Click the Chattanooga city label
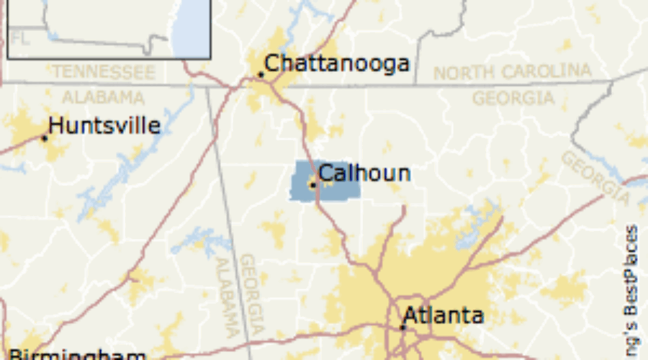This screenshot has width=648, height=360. [x=337, y=64]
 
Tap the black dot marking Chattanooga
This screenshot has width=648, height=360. [x=261, y=74]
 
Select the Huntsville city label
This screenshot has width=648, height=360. [x=104, y=126]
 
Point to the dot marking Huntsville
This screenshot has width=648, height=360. [x=45, y=137]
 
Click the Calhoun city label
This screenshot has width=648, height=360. [x=364, y=174]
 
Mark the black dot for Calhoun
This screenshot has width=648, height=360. [x=313, y=185]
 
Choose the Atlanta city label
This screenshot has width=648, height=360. [x=443, y=315]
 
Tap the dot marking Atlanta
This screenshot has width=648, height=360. [x=402, y=327]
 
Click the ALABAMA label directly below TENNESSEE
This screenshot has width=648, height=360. [x=103, y=97]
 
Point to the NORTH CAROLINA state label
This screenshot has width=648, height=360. [x=512, y=72]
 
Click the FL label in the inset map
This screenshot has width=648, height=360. [x=21, y=39]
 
